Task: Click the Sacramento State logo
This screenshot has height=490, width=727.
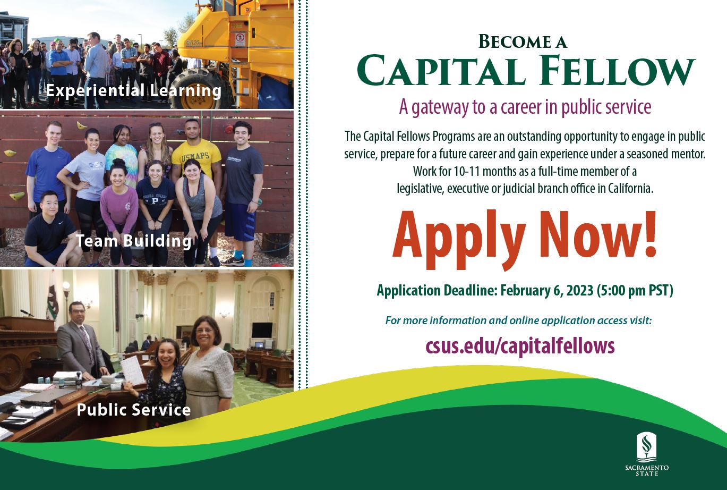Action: click(646, 453)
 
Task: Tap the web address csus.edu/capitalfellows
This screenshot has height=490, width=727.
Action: click(520, 346)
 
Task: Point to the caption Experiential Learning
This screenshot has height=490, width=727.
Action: click(133, 91)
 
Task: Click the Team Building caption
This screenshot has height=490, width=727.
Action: click(133, 241)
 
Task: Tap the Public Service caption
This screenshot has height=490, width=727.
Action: click(133, 410)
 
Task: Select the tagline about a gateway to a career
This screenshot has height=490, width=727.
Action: click(525, 107)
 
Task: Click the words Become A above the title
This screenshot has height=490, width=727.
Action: click(523, 41)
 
